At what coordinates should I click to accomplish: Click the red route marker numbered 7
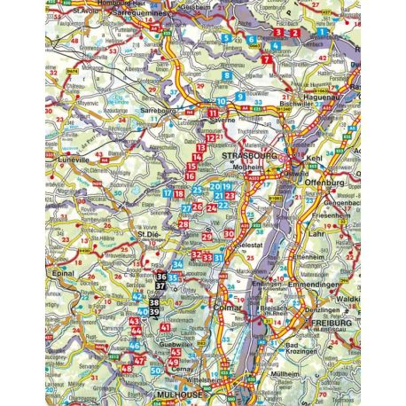267,59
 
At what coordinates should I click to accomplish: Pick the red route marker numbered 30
229,234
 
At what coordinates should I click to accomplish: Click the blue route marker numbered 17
168,192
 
